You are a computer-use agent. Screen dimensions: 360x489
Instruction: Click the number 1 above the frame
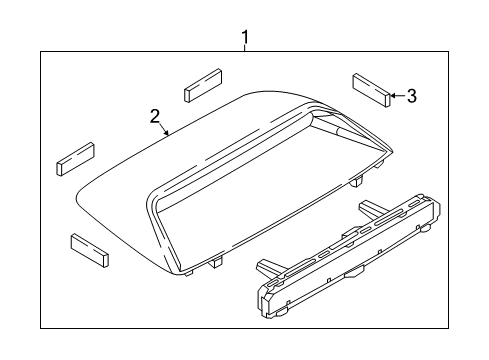[244, 39]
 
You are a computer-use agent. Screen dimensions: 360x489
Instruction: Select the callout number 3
[412, 96]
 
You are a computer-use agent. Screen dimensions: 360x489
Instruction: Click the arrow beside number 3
[395, 96]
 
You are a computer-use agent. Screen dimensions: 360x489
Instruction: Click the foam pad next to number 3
[369, 88]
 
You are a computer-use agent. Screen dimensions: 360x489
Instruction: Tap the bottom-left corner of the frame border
[41, 327]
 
